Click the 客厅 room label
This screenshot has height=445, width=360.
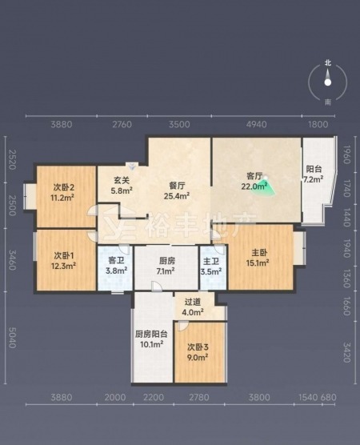[x=254, y=176]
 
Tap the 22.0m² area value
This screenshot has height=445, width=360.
[x=254, y=186]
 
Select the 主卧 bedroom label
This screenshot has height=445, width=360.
[x=259, y=253]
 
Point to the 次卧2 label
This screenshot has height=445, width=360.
[x=64, y=187]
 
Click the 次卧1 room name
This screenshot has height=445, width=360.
[x=64, y=255]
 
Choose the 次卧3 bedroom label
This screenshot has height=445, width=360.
[x=198, y=347]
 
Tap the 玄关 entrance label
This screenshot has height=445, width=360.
[x=122, y=180]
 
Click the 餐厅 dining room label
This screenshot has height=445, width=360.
[x=177, y=186]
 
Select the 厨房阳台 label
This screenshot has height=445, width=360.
[x=151, y=334]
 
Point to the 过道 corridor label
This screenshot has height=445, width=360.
[x=193, y=302]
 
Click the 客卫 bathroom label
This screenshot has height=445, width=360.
[x=116, y=260]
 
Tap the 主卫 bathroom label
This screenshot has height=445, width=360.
[x=211, y=261]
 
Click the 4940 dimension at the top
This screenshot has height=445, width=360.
[x=257, y=124]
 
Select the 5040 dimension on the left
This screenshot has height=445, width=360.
[x=12, y=338]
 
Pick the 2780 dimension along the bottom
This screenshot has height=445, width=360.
[x=199, y=397]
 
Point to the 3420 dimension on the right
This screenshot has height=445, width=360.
[x=346, y=352]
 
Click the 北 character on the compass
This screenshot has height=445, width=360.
[x=328, y=62]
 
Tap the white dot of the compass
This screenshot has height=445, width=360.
[x=328, y=82]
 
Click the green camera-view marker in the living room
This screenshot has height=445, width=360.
[x=264, y=186]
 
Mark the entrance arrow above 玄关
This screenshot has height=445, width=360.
[x=132, y=165]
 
